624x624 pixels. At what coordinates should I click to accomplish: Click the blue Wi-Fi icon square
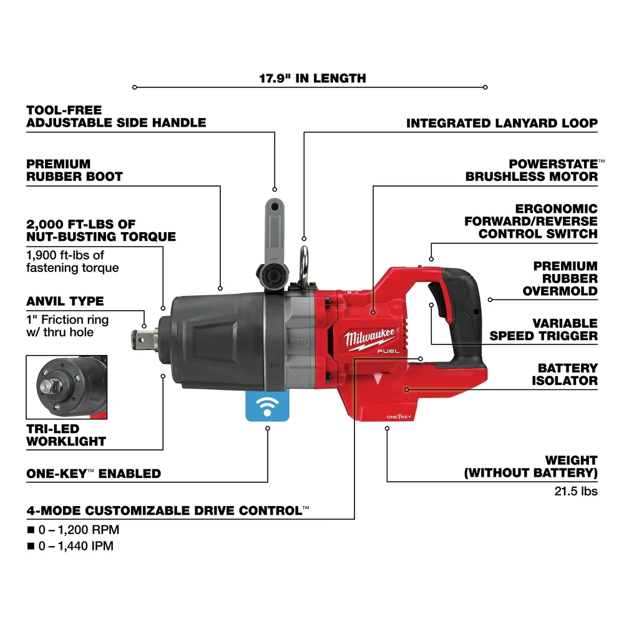[x=268, y=407]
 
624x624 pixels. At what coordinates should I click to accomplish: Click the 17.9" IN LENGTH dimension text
[x=313, y=79]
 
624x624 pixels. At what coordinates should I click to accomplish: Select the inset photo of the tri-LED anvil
[x=67, y=387]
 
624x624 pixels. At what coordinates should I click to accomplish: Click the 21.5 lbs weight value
[x=576, y=491]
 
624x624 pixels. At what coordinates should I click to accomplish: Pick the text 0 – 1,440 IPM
[x=77, y=546]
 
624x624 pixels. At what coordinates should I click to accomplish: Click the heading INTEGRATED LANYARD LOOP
[x=502, y=124]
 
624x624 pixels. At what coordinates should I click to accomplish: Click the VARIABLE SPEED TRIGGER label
[x=543, y=329]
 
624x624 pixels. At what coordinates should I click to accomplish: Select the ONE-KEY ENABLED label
[x=94, y=474]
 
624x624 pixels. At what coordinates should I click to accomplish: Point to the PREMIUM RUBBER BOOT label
[x=74, y=170]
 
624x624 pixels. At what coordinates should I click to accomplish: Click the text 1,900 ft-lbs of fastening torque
[x=72, y=261]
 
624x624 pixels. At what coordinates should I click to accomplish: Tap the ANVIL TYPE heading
[x=65, y=301]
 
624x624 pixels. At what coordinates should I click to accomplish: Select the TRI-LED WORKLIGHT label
[x=66, y=434]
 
